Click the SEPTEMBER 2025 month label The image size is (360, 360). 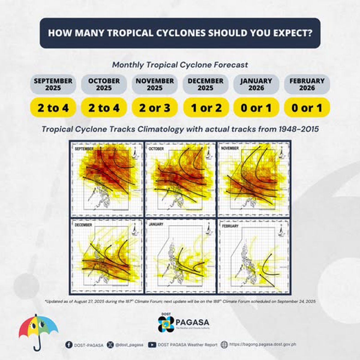point(53,84)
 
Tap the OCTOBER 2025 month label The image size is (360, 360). point(104,84)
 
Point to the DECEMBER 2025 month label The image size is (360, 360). point(205,84)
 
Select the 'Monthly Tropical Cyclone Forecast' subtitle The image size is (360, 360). point(180,64)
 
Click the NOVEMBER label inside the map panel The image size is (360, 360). point(230,148)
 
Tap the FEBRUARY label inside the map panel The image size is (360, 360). point(230,226)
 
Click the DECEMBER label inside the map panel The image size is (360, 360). point(83,225)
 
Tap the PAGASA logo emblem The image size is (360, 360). point(166,324)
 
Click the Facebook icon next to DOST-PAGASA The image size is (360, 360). point(69,345)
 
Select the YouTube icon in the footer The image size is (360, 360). point(152,345)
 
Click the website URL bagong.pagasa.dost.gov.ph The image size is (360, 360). point(262,344)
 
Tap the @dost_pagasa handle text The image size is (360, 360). point(129,345)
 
